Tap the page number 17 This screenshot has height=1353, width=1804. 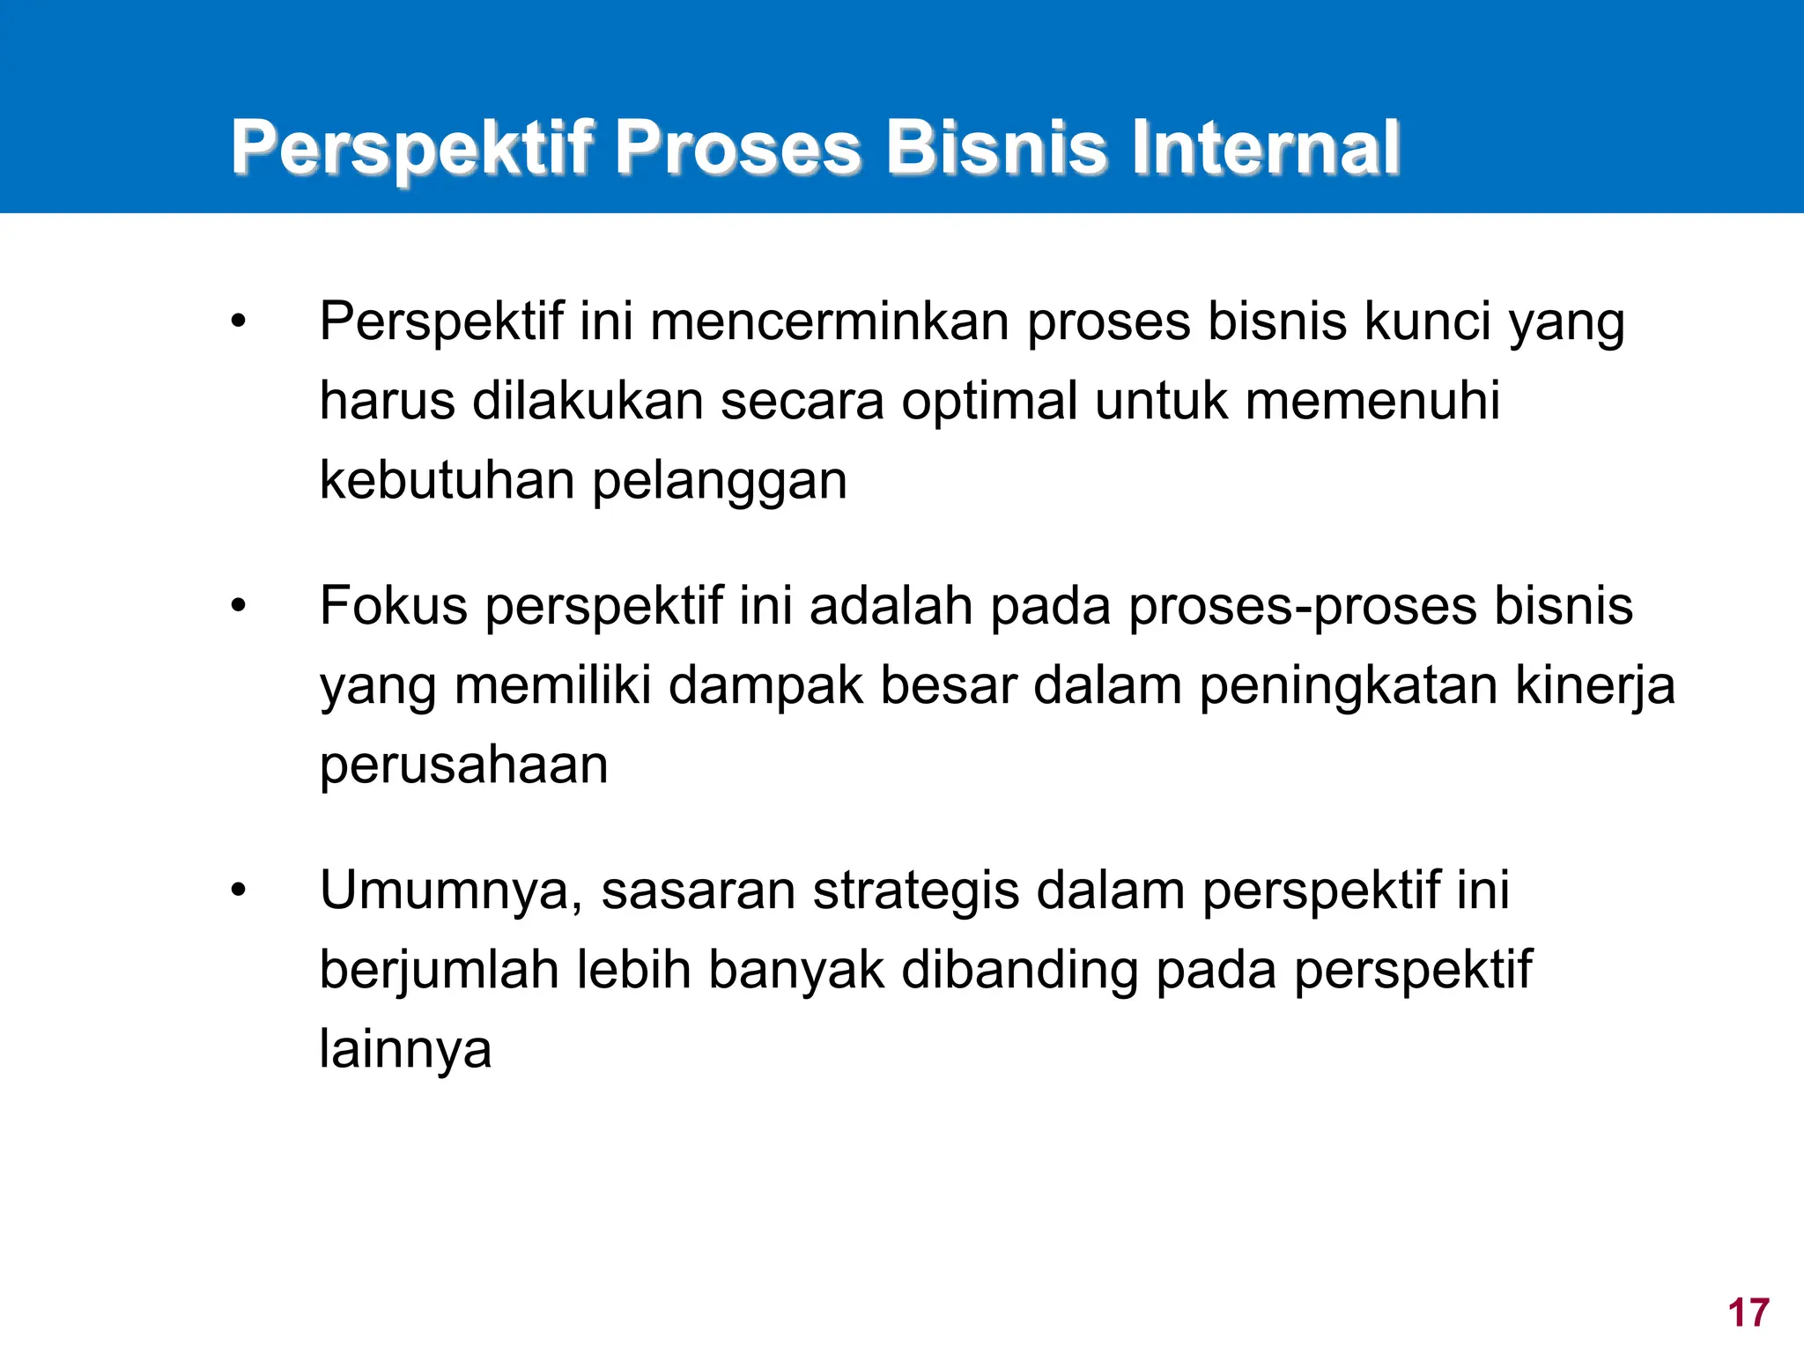(1749, 1312)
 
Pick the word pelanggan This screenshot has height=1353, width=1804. (719, 482)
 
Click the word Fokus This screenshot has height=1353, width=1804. (393, 606)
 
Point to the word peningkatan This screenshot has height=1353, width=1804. (1349, 686)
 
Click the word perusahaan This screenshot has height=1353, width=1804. (463, 765)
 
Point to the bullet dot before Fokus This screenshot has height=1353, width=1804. (238, 606)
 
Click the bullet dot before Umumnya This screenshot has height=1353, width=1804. (238, 891)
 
